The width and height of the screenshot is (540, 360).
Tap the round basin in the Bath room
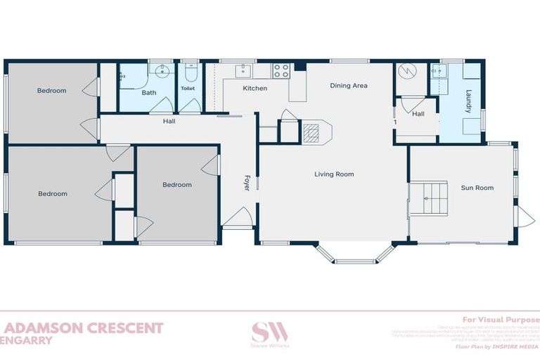162,71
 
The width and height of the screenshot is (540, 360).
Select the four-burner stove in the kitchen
281,71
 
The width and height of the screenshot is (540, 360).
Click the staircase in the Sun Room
428,198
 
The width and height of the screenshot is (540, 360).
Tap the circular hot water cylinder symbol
407,72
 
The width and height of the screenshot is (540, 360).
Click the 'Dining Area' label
349,86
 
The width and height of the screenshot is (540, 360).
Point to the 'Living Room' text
333,174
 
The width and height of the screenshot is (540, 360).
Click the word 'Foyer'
247,183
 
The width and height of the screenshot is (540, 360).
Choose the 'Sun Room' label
477,188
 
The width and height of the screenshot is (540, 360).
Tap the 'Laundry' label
468,101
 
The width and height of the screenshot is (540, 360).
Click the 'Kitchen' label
255,89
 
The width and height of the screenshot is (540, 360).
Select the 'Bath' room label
149,93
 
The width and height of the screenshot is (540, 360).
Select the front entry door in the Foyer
238,218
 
